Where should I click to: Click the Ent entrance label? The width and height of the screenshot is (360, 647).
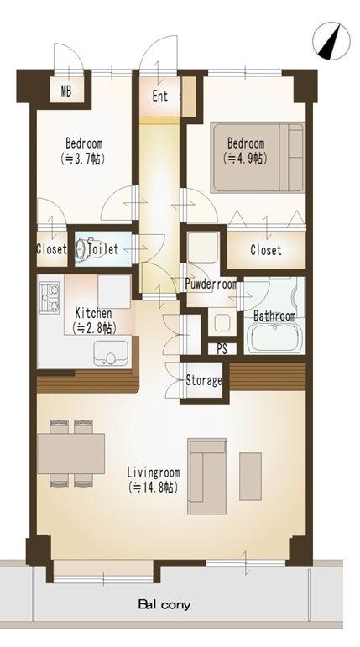pyautogui.click(x=159, y=96)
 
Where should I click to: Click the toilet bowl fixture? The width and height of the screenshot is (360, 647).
pyautogui.click(x=85, y=250)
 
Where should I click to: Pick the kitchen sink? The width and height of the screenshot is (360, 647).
pyautogui.click(x=109, y=351)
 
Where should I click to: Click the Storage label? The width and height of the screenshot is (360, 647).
pyautogui.click(x=203, y=380)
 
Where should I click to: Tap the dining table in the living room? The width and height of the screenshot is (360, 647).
pyautogui.click(x=71, y=452)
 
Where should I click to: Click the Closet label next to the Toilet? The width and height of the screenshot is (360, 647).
pyautogui.click(x=50, y=250)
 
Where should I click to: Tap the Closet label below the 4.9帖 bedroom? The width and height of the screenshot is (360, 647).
pyautogui.click(x=266, y=251)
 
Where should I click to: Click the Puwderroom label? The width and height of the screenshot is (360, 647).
pyautogui.click(x=211, y=284)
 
